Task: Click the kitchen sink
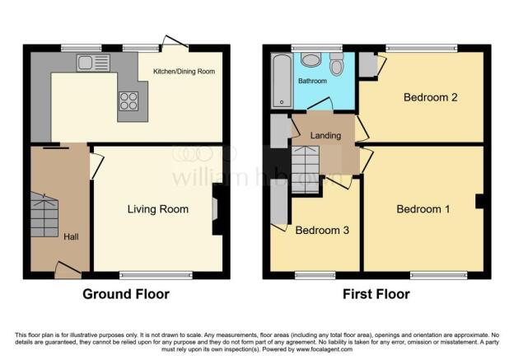[x=93, y=63]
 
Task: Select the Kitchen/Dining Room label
[x=184, y=72]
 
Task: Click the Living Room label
[x=157, y=209]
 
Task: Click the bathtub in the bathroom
[x=282, y=81]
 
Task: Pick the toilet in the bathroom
[x=336, y=66]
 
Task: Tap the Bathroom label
[x=312, y=82]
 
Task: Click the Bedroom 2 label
[x=430, y=97]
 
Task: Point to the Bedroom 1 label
[x=423, y=209]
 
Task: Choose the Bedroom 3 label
[x=322, y=231]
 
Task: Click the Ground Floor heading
[x=126, y=294]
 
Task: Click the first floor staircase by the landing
[x=306, y=168]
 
